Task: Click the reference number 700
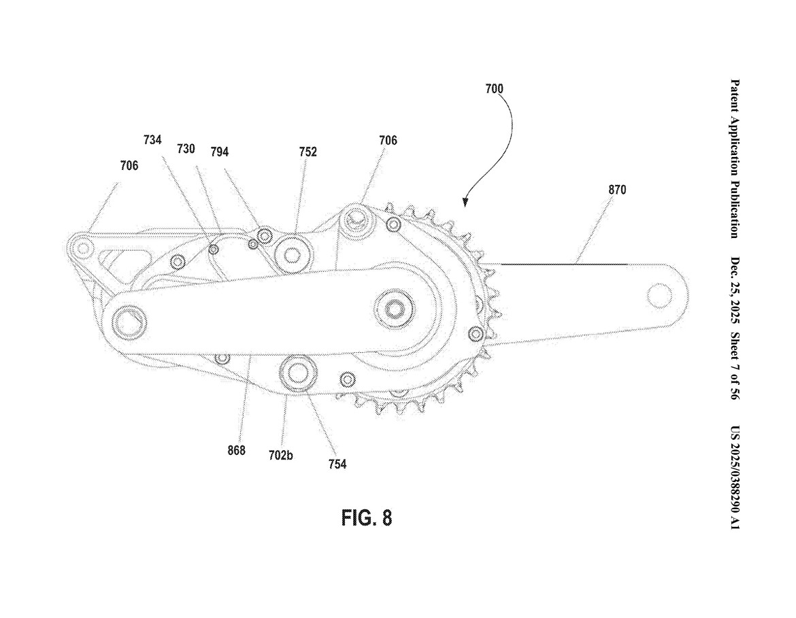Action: (495, 88)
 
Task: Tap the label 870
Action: (617, 190)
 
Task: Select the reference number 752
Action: (308, 152)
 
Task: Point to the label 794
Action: (219, 152)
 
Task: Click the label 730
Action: (186, 148)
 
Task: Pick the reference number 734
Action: (152, 139)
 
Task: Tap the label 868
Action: (236, 450)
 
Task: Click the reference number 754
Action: (337, 464)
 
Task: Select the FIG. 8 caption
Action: (366, 518)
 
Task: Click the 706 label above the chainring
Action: (388, 141)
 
